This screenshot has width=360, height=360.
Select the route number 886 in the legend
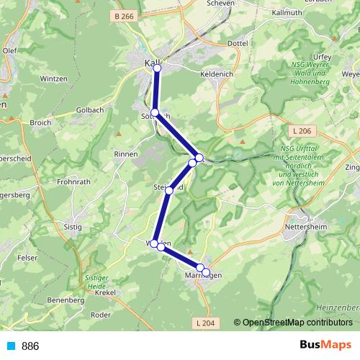click(x=30, y=346)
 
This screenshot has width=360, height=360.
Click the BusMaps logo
click(x=325, y=346)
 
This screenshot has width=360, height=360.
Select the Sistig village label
click(x=73, y=227)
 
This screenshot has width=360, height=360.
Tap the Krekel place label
click(x=105, y=293)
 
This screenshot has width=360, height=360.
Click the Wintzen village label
click(x=53, y=78)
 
